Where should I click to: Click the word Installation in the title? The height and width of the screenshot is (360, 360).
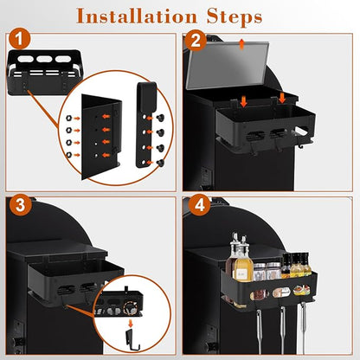137,16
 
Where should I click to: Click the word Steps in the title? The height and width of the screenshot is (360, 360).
235,17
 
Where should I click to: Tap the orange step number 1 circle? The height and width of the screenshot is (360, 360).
20,39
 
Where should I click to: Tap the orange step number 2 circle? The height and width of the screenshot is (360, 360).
196,41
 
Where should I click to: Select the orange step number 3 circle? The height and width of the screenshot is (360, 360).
20,205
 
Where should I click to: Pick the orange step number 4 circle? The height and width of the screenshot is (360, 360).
200,205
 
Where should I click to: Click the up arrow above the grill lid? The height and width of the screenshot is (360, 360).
241,44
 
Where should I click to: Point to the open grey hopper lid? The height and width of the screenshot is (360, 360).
228,65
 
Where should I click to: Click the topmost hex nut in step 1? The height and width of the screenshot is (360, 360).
69,118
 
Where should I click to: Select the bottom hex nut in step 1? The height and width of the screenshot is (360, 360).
69,155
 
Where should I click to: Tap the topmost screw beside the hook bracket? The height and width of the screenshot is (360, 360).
159,118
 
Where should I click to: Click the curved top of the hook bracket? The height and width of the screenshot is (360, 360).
146,87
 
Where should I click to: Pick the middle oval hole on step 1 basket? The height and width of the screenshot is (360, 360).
44,59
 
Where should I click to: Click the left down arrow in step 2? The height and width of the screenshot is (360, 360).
244,101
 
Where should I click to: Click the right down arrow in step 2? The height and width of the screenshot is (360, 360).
282,98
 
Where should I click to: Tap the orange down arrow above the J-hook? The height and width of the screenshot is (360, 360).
131,323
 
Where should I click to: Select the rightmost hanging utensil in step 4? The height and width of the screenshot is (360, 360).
304,323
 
